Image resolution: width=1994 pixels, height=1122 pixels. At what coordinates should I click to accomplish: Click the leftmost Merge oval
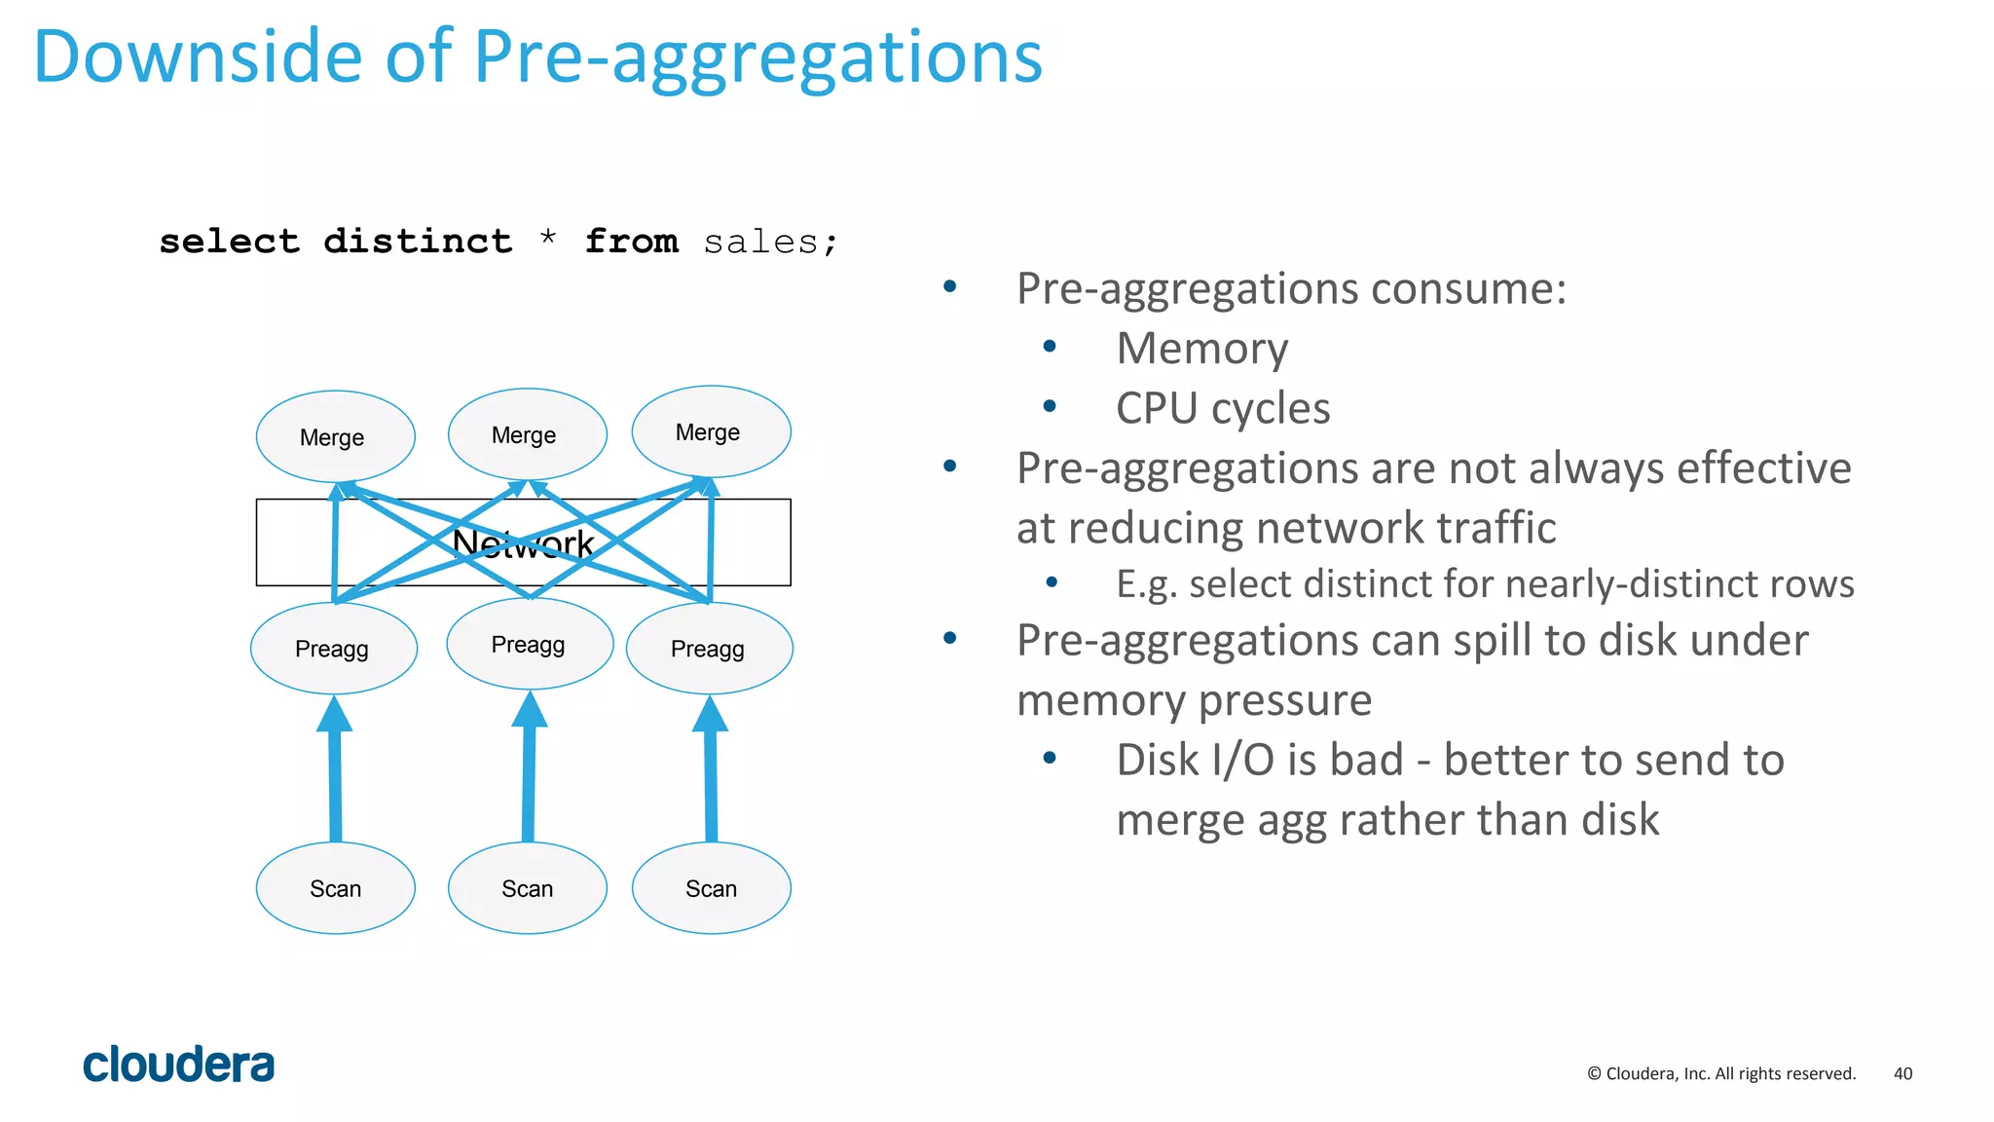335,437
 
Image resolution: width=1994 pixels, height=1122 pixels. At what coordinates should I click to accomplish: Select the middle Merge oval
527,434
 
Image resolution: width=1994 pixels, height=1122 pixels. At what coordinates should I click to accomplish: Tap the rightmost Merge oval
711,431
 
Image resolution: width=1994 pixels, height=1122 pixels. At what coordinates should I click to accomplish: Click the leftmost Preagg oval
334,649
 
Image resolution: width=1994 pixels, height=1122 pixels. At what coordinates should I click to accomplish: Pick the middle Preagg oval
530,644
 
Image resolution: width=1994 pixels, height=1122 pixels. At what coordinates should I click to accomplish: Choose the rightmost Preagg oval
709,649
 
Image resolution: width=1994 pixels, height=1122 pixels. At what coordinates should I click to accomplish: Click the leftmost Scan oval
335,888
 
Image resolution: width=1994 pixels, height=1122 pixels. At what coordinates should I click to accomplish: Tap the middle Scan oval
527,888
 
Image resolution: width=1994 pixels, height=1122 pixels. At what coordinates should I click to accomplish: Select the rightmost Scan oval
711,888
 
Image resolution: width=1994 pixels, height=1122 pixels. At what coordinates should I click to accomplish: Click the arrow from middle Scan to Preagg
529,774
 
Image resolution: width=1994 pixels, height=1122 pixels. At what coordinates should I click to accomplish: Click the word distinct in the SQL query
418,241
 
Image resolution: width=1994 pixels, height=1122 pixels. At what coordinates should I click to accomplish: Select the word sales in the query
760,242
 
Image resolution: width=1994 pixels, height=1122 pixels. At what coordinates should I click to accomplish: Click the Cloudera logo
178,1065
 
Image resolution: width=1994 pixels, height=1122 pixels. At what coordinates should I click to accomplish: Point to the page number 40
1902,1073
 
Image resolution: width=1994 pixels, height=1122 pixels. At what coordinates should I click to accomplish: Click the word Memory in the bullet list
1201,349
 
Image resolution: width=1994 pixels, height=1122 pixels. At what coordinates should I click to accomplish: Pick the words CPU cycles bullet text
1223,408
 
